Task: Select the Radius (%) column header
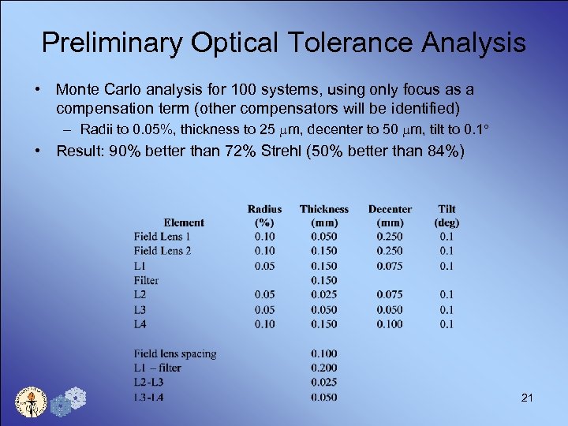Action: pyautogui.click(x=264, y=215)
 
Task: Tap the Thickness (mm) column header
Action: pyautogui.click(x=323, y=215)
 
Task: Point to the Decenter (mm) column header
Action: pyautogui.click(x=390, y=215)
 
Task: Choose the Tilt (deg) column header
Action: pyautogui.click(x=447, y=215)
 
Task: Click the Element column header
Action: pyautogui.click(x=183, y=222)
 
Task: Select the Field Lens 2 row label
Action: pyautogui.click(x=163, y=251)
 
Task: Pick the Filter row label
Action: pyautogui.click(x=146, y=280)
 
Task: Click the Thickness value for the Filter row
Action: pyautogui.click(x=323, y=280)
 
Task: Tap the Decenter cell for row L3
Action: pyautogui.click(x=390, y=309)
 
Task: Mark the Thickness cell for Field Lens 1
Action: pyautogui.click(x=323, y=237)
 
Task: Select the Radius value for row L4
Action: pyautogui.click(x=264, y=323)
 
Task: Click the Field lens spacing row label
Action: pyautogui.click(x=175, y=353)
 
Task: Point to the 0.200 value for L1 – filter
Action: pyautogui.click(x=323, y=368)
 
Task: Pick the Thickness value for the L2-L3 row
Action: pyautogui.click(x=323, y=383)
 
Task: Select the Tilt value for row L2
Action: pyautogui.click(x=447, y=294)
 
